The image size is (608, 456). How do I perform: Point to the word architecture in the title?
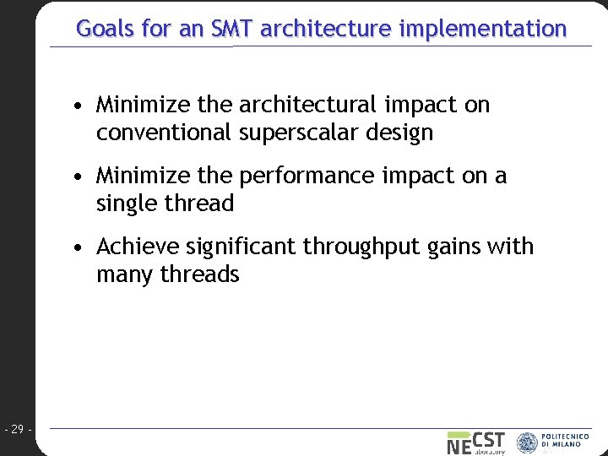tap(326, 29)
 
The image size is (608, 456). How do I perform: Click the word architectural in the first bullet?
tap(307, 105)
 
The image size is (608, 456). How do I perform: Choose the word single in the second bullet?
tap(123, 204)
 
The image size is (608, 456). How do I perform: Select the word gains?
tap(462, 247)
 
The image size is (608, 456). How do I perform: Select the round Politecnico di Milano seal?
tap(527, 442)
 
